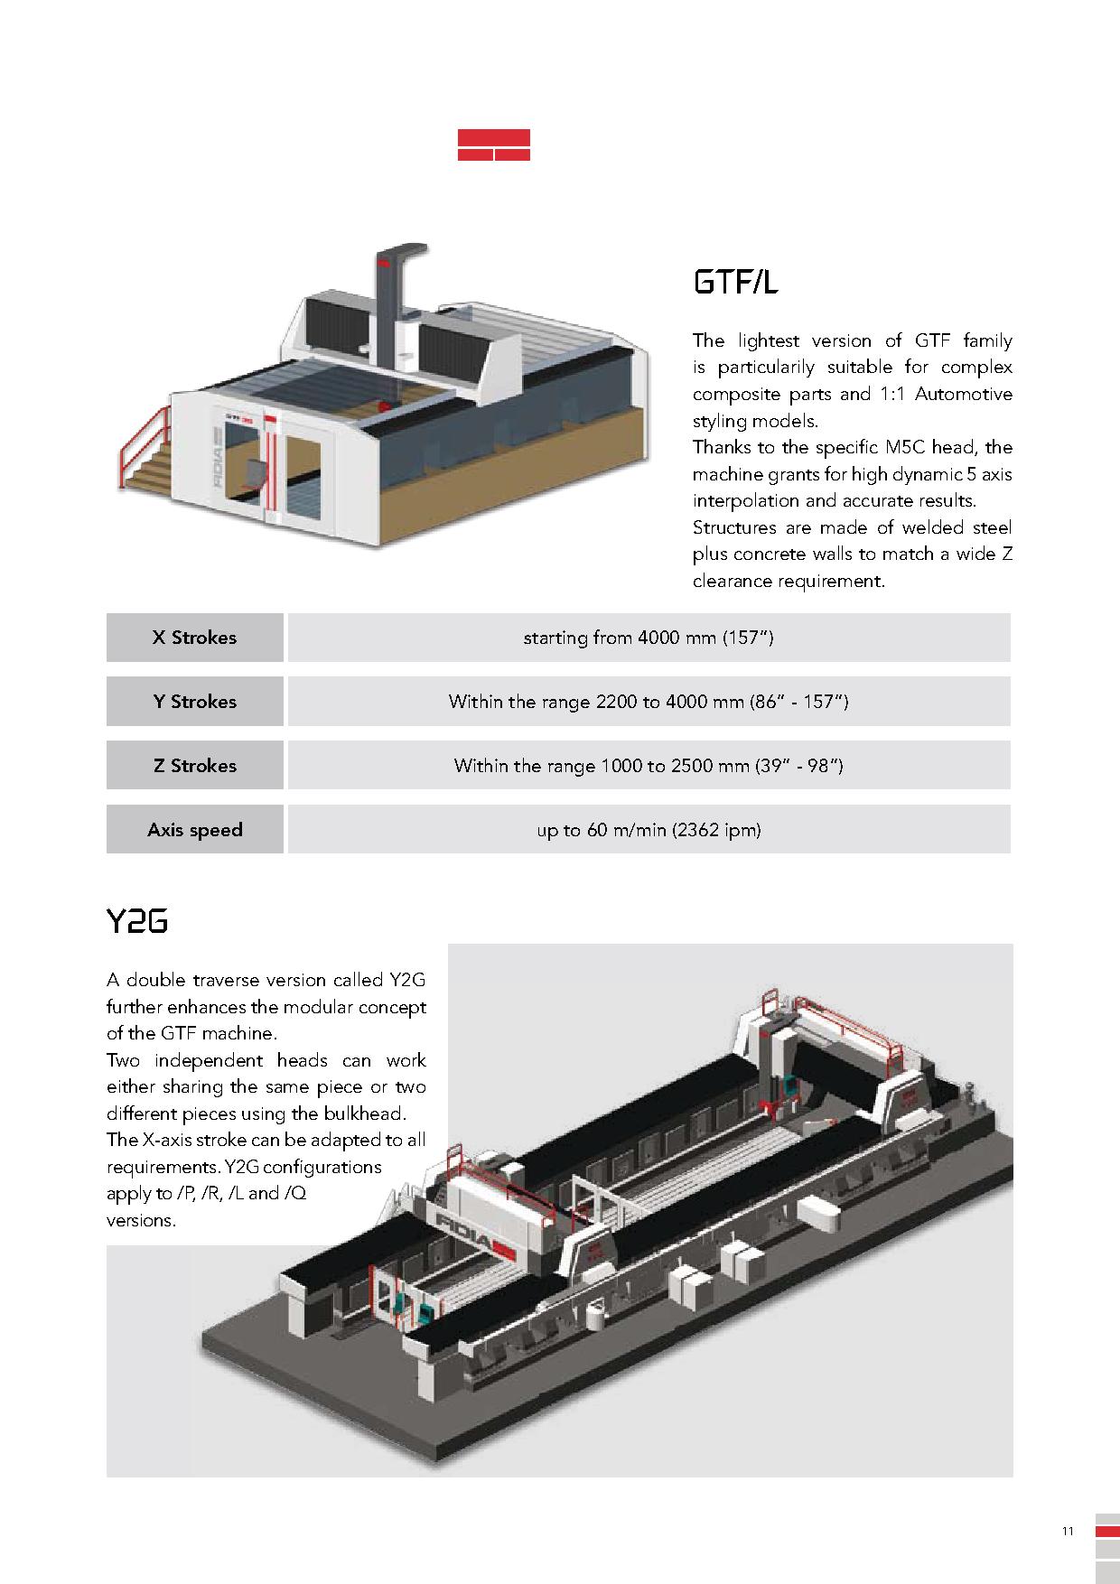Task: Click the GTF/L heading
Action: tap(735, 283)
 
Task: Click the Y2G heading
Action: tap(137, 922)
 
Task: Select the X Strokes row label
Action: tap(194, 638)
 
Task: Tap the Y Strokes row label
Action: tap(194, 702)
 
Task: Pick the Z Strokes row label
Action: tap(194, 766)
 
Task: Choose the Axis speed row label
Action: tap(194, 830)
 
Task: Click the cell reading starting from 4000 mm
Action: tap(648, 638)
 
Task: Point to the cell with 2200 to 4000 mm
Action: tap(648, 702)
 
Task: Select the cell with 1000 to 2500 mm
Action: tap(648, 766)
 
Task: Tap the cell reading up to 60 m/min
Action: tap(648, 830)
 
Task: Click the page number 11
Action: tap(1068, 1532)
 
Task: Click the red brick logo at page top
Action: tap(493, 145)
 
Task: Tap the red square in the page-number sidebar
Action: tap(1107, 1532)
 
